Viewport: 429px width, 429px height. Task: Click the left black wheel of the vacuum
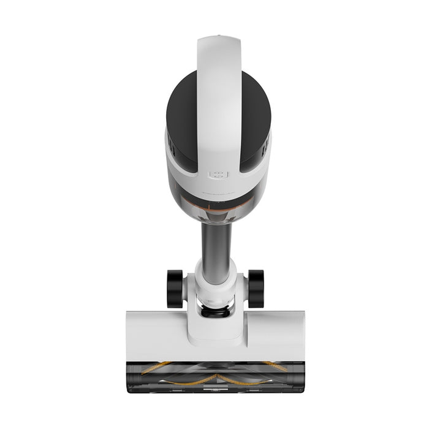pyautogui.click(x=175, y=289)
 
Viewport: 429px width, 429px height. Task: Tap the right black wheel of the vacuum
pyautogui.click(x=256, y=289)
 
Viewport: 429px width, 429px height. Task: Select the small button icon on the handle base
pyautogui.click(x=218, y=175)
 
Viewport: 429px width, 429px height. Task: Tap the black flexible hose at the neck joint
pyautogui.click(x=216, y=311)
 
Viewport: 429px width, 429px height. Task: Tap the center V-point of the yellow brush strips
pyautogui.click(x=214, y=375)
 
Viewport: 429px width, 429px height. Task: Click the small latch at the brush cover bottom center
pyautogui.click(x=214, y=388)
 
